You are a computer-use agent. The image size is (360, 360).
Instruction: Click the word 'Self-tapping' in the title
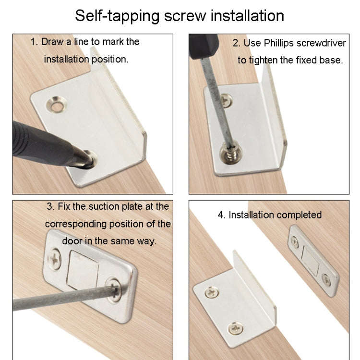118,15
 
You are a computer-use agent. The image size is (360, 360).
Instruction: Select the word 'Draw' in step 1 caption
52,42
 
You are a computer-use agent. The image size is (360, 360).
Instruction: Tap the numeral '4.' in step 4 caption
221,215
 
